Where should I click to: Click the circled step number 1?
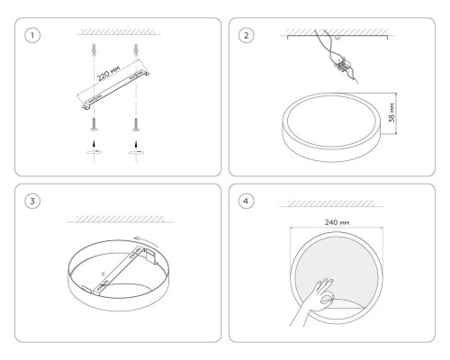[32, 35]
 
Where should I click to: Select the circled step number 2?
[246, 35]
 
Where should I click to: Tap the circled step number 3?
[32, 201]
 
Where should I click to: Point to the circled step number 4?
[246, 201]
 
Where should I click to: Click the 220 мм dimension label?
[108, 73]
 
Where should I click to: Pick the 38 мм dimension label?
[391, 112]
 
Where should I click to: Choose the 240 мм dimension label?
[337, 222]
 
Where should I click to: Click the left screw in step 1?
[94, 124]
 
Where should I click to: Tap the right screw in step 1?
[136, 124]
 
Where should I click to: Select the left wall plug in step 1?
[94, 49]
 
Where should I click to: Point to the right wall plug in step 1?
[136, 49]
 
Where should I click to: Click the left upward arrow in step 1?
[94, 144]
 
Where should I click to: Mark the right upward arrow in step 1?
[137, 144]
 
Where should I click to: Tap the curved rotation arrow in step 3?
[147, 240]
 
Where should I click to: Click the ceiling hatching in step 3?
[120, 219]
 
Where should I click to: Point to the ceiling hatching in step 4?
[331, 203]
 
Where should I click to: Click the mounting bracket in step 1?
[115, 88]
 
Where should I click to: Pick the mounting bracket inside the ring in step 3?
[120, 270]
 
